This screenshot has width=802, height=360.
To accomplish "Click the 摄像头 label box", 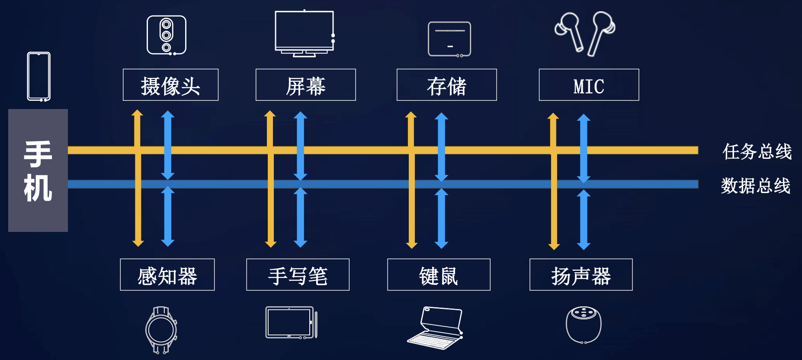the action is pyautogui.click(x=170, y=85).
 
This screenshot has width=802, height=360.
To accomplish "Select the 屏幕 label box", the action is pyautogui.click(x=305, y=85).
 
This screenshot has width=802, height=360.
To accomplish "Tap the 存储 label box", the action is pyautogui.click(x=446, y=85).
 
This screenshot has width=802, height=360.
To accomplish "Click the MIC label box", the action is pyautogui.click(x=589, y=85).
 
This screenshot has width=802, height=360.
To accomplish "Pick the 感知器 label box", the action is pyautogui.click(x=167, y=275).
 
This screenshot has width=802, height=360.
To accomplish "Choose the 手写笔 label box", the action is pyautogui.click(x=298, y=275).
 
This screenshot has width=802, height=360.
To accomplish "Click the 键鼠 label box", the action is pyautogui.click(x=439, y=275).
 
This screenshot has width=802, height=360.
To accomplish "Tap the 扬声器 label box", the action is pyautogui.click(x=581, y=275).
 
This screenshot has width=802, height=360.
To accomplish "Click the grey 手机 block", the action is pyautogui.click(x=38, y=170).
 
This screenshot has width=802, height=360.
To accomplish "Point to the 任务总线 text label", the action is pyautogui.click(x=757, y=151).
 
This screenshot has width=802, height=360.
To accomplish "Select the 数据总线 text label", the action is pyautogui.click(x=756, y=186).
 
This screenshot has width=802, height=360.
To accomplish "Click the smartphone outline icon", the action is pyautogui.click(x=39, y=77).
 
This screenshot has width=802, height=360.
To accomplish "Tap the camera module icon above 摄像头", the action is pyautogui.click(x=167, y=35).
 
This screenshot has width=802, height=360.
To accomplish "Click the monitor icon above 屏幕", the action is pyautogui.click(x=305, y=33).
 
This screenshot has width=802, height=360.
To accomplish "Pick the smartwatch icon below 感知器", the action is pyautogui.click(x=161, y=330).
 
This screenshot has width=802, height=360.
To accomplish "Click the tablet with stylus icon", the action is pyautogui.click(x=291, y=323).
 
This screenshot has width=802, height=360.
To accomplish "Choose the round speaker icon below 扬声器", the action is pyautogui.click(x=584, y=325).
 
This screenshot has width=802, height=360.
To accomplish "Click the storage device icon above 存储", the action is pyautogui.click(x=449, y=39).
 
